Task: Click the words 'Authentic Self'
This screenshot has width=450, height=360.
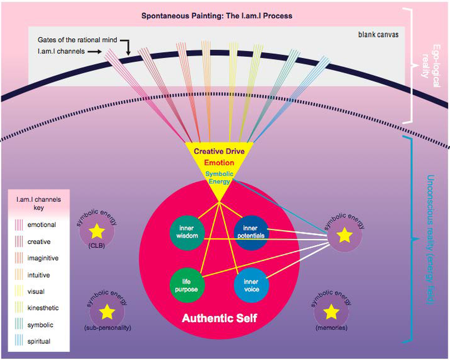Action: pyautogui.click(x=219, y=319)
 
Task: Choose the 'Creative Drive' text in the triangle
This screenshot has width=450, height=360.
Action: pyautogui.click(x=219, y=151)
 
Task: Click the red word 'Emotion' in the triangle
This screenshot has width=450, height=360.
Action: pyautogui.click(x=219, y=163)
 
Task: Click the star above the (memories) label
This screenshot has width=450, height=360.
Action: pyautogui.click(x=331, y=312)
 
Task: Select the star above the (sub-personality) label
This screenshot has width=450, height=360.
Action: pyautogui.click(x=107, y=312)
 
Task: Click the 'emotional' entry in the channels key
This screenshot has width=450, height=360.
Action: pyautogui.click(x=42, y=225)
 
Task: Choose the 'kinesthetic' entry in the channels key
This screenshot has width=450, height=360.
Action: pyautogui.click(x=43, y=308)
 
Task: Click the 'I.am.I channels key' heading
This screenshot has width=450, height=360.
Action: pyautogui.click(x=38, y=203)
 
